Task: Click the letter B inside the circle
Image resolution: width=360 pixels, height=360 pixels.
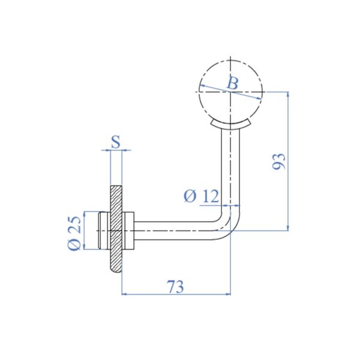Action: [232, 83]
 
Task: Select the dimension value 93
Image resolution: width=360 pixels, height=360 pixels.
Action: [278, 161]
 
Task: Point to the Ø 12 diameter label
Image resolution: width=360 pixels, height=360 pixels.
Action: [201, 196]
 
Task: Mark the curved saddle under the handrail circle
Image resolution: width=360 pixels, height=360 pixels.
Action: [231, 124]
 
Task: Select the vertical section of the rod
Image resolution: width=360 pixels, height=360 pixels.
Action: [231, 168]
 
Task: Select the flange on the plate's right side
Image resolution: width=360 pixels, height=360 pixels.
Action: [128, 230]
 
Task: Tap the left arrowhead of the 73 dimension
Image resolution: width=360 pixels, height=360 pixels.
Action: [125, 294]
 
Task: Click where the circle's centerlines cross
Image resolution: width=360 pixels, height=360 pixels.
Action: [231, 91]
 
